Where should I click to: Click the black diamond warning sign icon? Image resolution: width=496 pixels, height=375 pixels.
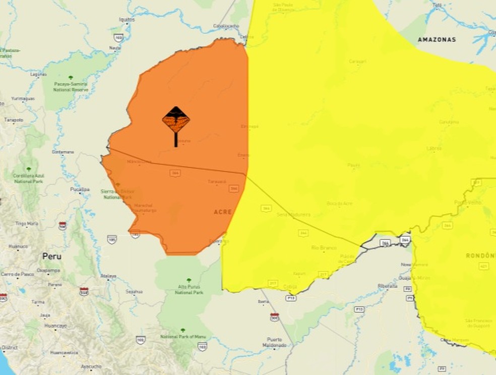click(176, 120)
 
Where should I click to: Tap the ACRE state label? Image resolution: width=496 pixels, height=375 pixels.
click(222, 212)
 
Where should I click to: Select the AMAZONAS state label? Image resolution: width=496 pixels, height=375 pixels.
click(437, 39)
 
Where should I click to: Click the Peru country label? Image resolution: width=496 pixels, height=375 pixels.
click(52, 256)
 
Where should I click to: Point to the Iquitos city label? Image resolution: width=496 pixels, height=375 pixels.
click(127, 20)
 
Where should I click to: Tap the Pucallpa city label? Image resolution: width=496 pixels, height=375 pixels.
click(80, 189)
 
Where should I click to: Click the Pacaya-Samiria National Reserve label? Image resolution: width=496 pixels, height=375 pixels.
click(71, 87)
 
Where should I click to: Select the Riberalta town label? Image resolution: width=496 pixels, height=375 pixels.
click(388, 286)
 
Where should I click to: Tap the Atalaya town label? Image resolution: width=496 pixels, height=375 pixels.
click(108, 276)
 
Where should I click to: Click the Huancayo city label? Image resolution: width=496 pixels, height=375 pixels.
click(55, 326)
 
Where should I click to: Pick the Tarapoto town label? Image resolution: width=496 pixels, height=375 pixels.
click(14, 120)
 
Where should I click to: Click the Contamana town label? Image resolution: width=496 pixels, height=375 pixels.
click(63, 152)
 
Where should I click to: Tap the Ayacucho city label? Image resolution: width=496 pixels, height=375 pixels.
click(91, 366)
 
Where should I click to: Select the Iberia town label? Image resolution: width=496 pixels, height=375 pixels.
click(263, 301)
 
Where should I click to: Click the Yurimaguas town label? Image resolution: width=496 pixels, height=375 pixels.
click(23, 99)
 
